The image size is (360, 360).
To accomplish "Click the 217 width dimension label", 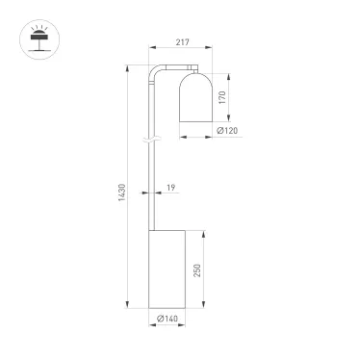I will (175, 40).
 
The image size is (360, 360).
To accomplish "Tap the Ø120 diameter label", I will (227, 131).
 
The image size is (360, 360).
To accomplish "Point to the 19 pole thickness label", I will (170, 189).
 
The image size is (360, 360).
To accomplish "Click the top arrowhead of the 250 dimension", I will (203, 232).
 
